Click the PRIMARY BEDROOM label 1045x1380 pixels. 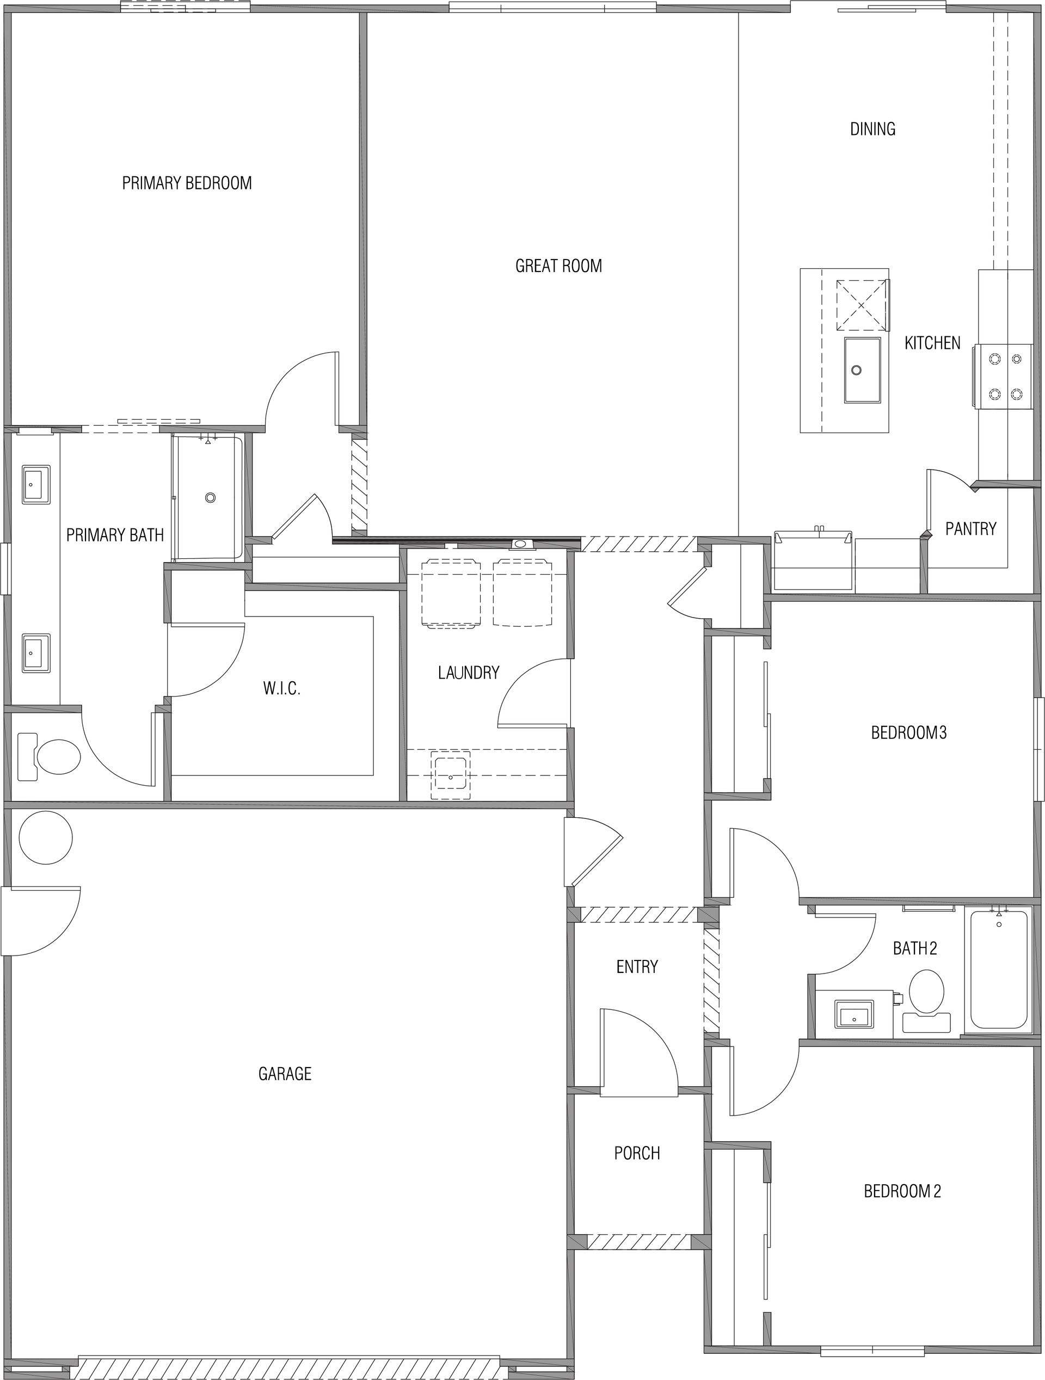point(187,183)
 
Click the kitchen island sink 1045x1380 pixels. point(863,370)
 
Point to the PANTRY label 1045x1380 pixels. point(971,529)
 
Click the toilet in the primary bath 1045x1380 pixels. point(50,757)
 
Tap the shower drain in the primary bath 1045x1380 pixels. point(210,498)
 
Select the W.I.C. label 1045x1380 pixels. point(282,689)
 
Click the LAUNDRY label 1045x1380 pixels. point(469,673)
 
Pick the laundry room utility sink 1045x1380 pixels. point(451,775)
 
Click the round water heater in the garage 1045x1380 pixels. point(46,838)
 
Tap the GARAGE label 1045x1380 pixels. point(285,1074)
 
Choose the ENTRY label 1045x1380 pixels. point(637,967)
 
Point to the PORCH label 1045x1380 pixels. point(637,1154)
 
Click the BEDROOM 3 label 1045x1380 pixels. point(909,732)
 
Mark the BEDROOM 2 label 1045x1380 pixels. point(902,1192)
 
